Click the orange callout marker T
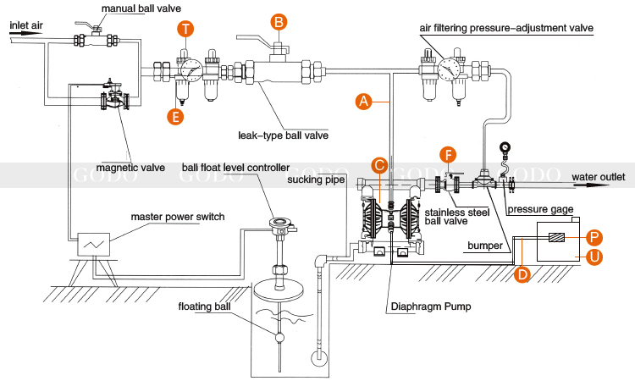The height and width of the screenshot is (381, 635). coord(185,29)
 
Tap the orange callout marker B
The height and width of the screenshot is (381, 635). coord(279,22)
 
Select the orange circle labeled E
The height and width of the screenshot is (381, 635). coord(175,117)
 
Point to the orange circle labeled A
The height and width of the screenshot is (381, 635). coord(364,102)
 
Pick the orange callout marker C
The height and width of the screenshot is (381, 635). coord(379,165)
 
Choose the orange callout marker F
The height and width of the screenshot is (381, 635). coord(448,155)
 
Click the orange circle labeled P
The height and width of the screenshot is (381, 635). coord(594,238)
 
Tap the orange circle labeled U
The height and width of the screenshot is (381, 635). coord(594,257)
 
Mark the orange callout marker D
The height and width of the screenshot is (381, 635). coord(522,274)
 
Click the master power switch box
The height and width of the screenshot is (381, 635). coord(93,244)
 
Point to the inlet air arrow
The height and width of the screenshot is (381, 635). coord(26,33)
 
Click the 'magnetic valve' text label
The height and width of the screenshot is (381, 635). coord(130,168)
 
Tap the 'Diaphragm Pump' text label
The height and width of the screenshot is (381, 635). coord(431,306)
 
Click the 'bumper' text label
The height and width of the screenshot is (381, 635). coord(485,246)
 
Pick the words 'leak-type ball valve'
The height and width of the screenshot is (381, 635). coord(283,135)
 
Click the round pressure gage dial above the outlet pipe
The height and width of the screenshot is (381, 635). coord(505,147)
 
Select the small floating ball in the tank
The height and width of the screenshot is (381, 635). coord(279,337)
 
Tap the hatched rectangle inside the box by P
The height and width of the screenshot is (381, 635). coord(556,238)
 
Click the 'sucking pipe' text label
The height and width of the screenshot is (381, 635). coord(316,179)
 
